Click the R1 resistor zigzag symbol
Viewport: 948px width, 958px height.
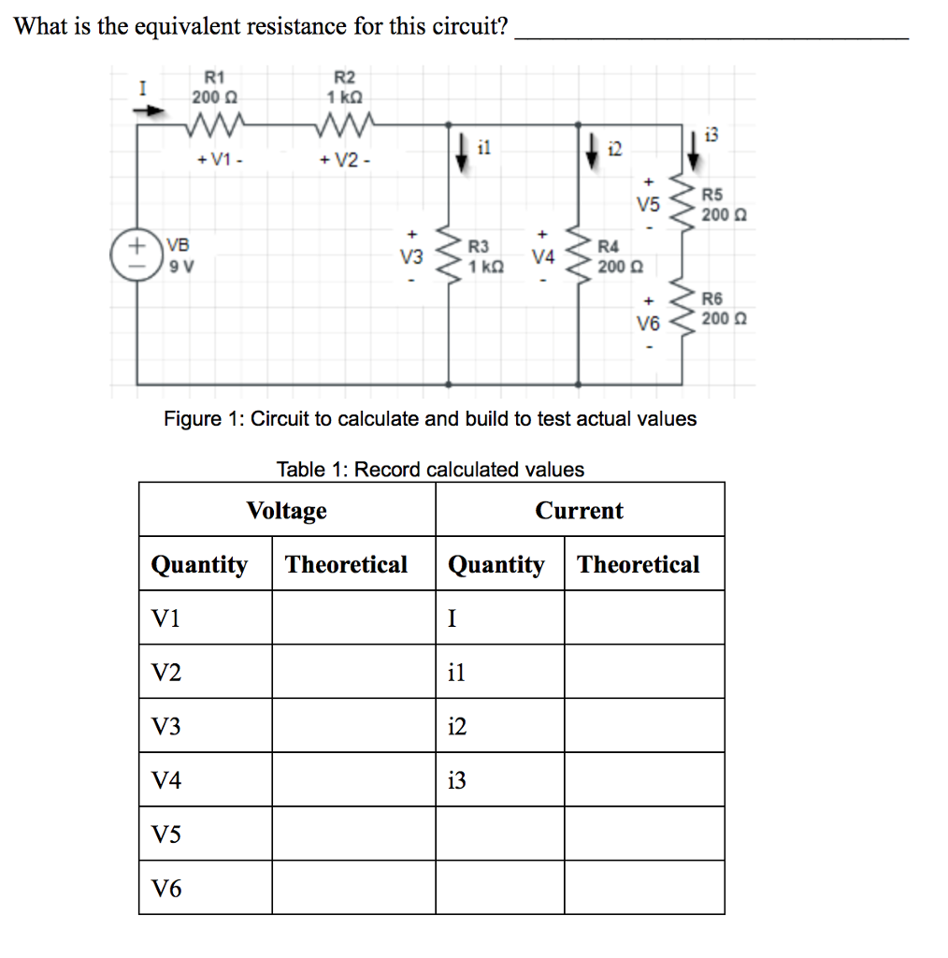(215, 122)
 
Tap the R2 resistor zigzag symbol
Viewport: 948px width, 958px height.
(346, 122)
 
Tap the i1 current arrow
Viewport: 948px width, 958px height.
(461, 152)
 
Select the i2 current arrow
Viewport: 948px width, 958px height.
(593, 152)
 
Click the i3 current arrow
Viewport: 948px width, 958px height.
(694, 148)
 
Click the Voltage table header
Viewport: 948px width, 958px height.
(287, 511)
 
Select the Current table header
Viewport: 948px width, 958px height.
(579, 511)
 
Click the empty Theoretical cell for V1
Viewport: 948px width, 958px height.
(353, 617)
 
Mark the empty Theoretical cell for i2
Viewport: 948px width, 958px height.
(644, 726)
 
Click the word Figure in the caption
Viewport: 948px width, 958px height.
(191, 418)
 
